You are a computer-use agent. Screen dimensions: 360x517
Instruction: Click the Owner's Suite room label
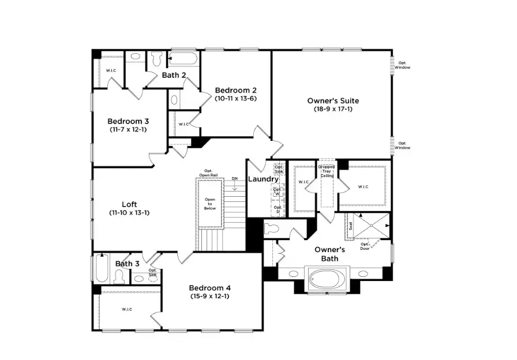[329, 100]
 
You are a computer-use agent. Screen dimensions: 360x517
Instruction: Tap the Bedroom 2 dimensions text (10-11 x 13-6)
[235, 98]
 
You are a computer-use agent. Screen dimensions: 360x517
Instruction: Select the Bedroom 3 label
[128, 121]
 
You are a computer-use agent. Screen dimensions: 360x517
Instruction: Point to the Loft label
[129, 204]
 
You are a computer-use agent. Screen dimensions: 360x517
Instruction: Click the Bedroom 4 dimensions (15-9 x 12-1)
[210, 296]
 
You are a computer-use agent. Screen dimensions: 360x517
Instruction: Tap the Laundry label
[263, 179]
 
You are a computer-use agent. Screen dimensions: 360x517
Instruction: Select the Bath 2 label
[174, 75]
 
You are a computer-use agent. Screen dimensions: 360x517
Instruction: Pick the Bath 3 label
[127, 264]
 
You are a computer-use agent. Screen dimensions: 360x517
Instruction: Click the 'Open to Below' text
[210, 204]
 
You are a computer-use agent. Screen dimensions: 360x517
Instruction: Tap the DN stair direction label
[234, 179]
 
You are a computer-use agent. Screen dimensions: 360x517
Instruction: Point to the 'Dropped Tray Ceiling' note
[327, 171]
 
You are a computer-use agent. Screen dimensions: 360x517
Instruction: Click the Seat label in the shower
[350, 227]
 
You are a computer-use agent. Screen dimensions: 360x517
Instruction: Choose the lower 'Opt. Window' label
[403, 145]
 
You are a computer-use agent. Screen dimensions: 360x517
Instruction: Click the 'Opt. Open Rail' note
[208, 172]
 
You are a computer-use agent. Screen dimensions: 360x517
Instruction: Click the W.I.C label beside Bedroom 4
[126, 310]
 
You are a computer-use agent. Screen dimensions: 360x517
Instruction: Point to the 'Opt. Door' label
[365, 246]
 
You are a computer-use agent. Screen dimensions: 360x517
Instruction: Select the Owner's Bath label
[329, 254]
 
